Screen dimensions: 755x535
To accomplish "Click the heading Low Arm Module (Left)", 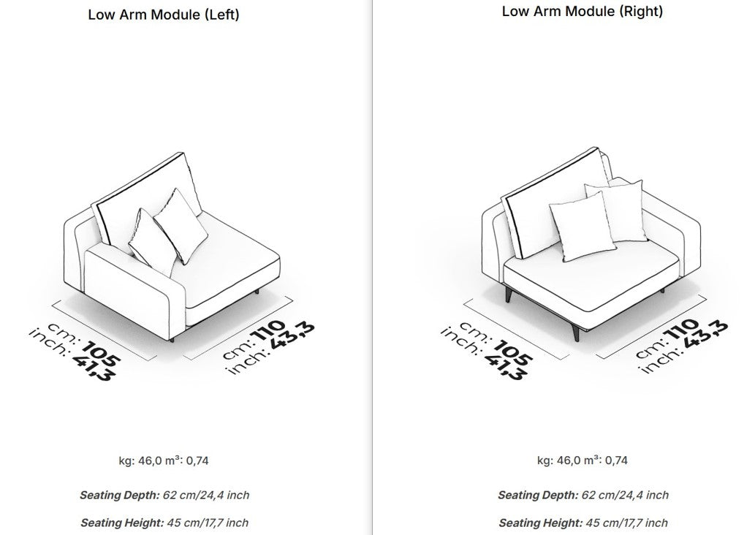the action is tap(163, 15).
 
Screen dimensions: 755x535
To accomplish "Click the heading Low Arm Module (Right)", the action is tap(582, 11).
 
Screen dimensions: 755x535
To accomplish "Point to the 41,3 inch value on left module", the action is tap(94, 365).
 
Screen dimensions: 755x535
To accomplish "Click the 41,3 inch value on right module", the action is tap(506, 366).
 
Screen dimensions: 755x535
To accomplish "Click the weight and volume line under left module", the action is tap(164, 461).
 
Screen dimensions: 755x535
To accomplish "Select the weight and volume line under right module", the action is tap(582, 460).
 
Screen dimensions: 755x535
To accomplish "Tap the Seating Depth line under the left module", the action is tap(164, 495).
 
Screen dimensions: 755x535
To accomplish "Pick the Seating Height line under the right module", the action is tap(583, 523).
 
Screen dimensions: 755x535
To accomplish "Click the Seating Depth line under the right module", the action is tap(583, 495).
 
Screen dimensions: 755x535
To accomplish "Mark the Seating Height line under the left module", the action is tap(164, 523).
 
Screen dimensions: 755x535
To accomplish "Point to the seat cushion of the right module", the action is tap(592, 279).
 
